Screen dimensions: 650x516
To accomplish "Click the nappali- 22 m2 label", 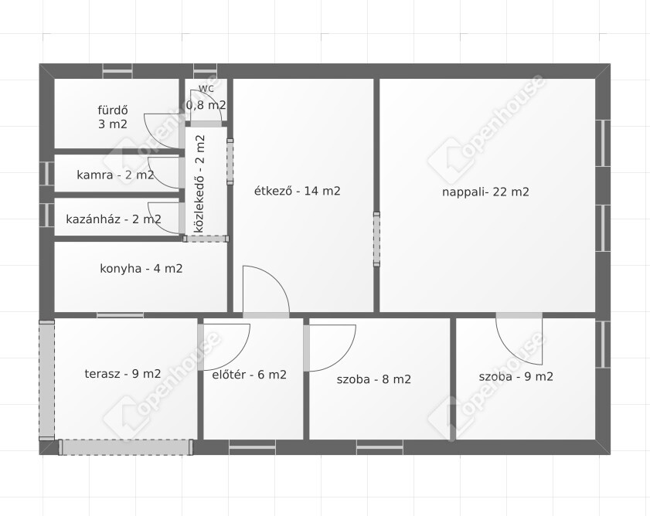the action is tap(485, 192).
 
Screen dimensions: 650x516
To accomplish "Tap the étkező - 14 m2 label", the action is tap(298, 191).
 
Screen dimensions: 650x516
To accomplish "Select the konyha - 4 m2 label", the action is tap(141, 269).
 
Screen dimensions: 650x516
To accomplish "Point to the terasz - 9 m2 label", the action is tap(123, 374).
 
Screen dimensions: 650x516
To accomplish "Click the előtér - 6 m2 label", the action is tap(249, 375).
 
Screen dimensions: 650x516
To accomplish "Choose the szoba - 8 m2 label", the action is tap(374, 379).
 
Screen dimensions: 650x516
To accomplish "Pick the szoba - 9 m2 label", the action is tap(516, 376).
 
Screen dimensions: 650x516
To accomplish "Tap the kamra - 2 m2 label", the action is tap(115, 175).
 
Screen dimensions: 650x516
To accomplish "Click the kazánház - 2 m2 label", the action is tap(114, 219).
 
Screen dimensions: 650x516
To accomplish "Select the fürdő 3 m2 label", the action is tap(113, 117).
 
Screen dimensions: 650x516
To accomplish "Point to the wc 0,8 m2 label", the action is tap(206, 98).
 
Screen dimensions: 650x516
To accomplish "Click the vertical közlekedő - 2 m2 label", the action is tap(199, 184).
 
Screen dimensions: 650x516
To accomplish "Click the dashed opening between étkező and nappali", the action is tap(376, 239).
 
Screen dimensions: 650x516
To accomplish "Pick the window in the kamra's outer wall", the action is tap(47, 173).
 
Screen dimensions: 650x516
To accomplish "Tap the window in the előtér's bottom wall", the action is tap(252, 447).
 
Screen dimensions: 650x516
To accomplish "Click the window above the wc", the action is tap(205, 71).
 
